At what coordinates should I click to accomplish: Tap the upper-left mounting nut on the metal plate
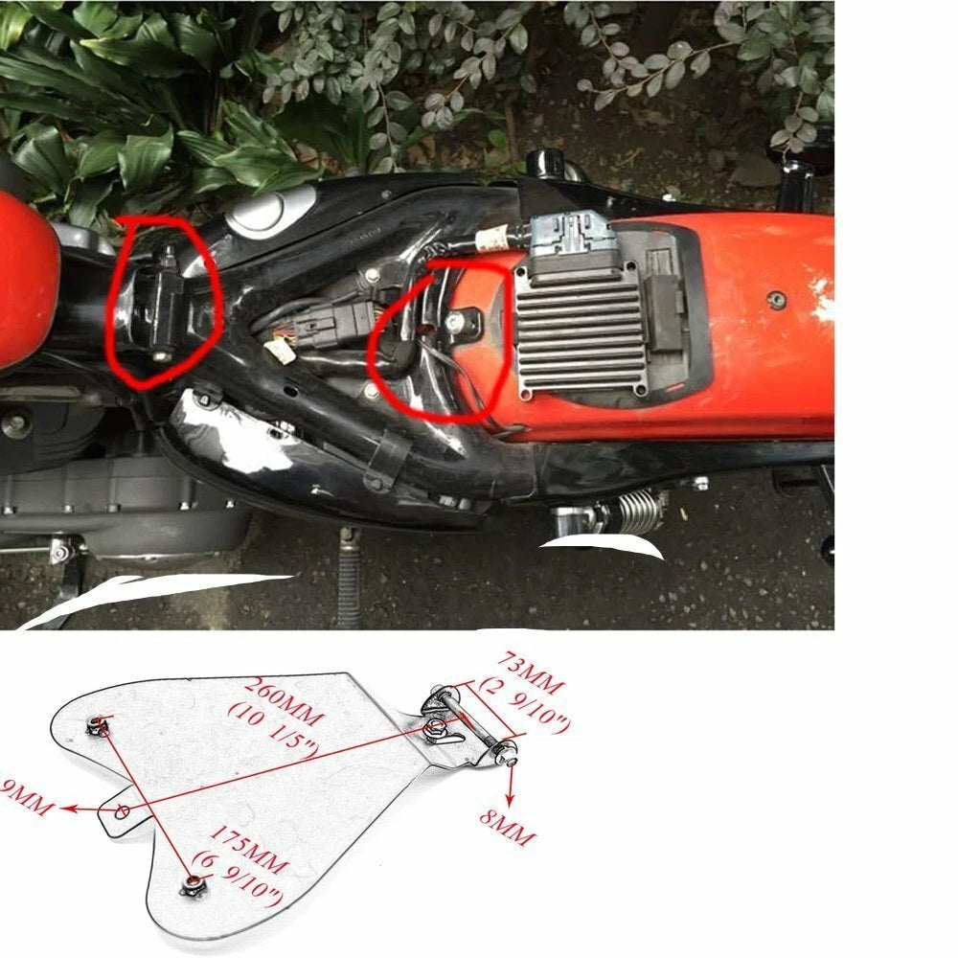pyautogui.click(x=96, y=723)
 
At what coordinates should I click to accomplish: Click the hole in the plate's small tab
pyautogui.click(x=122, y=810)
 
